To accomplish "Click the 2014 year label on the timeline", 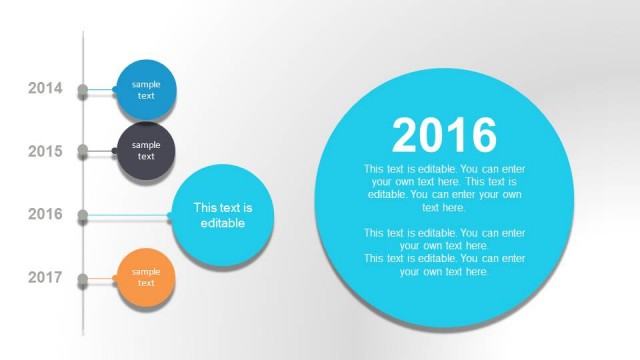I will pos(45,89).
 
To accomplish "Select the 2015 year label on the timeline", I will pos(45,152).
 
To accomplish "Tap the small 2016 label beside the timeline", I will pos(45,214).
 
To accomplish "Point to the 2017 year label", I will pos(45,277).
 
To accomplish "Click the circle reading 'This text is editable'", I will pos(222,216).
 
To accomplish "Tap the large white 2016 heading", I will pos(444,135).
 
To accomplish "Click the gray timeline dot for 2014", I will pos(83,90).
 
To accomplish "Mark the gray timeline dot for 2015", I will pos(83,152).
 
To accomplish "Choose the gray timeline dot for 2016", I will pos(83,215).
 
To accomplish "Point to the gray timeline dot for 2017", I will pos(83,278).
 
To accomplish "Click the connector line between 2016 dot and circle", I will pos(130,215).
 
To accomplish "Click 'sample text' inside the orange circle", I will pos(146,277).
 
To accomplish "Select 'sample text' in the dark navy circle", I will pos(146,151).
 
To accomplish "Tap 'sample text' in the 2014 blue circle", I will pos(146,90).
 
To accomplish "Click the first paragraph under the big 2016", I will pos(444,188).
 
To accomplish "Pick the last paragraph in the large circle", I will pos(444,265).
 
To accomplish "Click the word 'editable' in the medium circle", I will pos(222,223).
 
